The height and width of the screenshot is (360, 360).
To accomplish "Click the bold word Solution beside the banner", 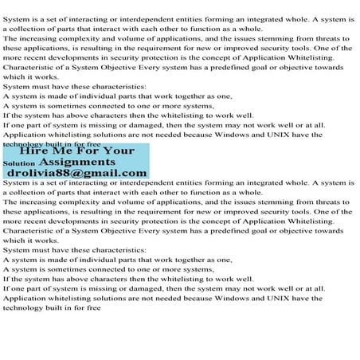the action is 19,163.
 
